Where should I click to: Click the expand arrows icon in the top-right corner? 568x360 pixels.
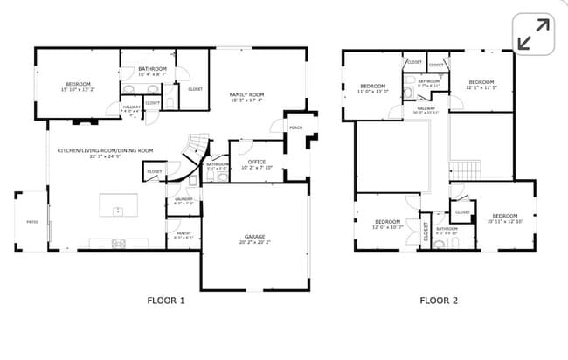point(532,34)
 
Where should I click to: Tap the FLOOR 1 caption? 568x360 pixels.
point(166,300)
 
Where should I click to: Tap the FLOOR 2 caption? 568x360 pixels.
point(439,300)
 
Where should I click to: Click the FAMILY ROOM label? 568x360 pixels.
point(246,96)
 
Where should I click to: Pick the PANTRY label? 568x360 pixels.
point(184,234)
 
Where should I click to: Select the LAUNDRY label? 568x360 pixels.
point(184,200)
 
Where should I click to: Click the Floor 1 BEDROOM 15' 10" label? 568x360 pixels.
point(77,86)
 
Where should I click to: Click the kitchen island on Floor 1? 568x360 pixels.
point(115,210)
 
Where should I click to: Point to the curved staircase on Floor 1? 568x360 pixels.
point(197,150)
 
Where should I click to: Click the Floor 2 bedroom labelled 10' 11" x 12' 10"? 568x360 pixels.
point(504,218)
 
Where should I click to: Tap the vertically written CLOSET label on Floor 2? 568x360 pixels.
point(426,231)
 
